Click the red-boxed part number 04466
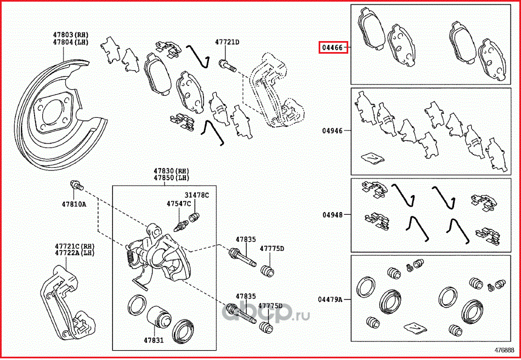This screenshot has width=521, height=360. coord(333,48)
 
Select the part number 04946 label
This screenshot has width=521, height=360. coord(332,132)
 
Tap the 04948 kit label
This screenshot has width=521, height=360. coord(332,215)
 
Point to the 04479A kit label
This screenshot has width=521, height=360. coord(330,299)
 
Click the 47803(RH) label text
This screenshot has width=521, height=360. coord(70,35)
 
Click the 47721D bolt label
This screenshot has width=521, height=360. coord(227,42)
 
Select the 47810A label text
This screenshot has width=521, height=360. coord(74,204)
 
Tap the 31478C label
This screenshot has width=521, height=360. coord(196,195)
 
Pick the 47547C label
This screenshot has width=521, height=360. coord(179,203)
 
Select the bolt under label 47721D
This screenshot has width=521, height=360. coord(228,67)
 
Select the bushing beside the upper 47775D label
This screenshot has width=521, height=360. coord(267,270)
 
